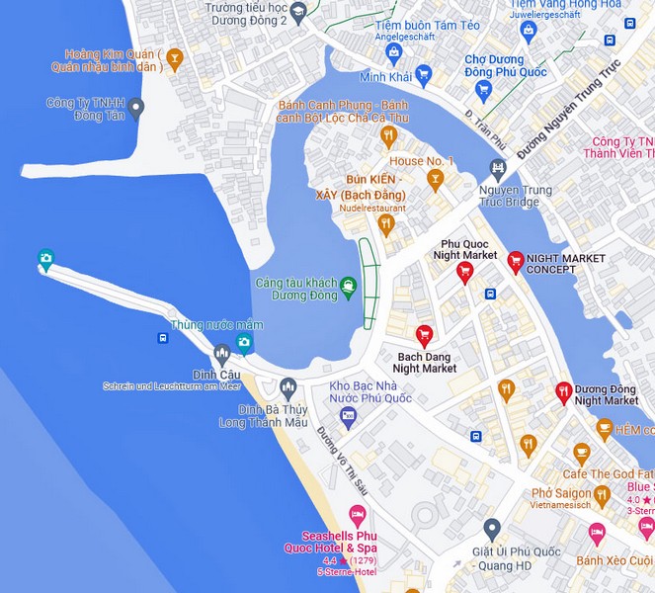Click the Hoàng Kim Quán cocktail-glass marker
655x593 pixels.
pos(175,59)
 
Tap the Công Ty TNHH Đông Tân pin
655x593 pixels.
pos(136,108)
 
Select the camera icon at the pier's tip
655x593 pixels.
pos(45,260)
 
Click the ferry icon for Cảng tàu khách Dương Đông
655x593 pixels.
pos(348,288)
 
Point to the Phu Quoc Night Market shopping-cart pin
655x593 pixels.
pos(465,272)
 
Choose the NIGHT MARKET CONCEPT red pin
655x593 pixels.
pos(515,260)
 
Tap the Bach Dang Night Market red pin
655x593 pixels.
pos(424,334)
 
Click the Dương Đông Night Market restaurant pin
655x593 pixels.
pos(563,391)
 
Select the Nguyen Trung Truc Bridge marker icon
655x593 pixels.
pos(498,169)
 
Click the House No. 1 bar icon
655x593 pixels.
pos(435,179)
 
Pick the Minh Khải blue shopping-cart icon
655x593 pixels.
pos(424,74)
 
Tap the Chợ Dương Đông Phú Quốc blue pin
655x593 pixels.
pos(483,90)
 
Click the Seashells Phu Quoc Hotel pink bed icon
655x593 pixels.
pos(358,514)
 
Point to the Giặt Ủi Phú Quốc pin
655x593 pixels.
pos(492,528)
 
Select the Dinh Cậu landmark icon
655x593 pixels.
pos(221,353)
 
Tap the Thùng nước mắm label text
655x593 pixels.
pos(217,324)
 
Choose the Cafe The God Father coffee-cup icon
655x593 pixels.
pos(582,454)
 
